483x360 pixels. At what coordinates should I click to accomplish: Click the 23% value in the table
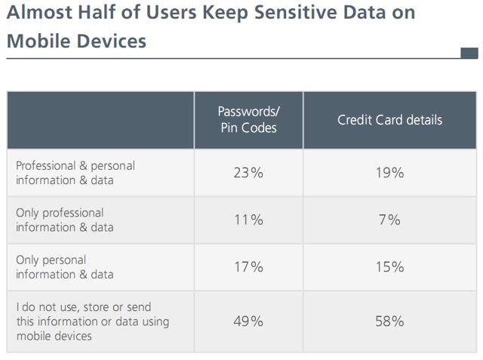coord(248,173)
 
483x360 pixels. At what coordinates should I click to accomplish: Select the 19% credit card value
coord(389,173)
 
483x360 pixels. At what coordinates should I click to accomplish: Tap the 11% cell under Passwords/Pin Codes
coord(248,220)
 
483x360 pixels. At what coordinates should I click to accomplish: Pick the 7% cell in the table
coord(389,220)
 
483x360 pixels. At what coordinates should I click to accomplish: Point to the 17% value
coord(248,266)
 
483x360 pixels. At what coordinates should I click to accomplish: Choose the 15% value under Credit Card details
coord(389,266)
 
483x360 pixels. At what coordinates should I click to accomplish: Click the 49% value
coord(248,322)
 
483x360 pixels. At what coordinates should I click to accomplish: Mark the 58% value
coord(389,322)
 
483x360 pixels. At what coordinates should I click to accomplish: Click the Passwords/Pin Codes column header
coord(248,120)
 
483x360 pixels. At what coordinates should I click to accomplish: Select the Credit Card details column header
coord(389,120)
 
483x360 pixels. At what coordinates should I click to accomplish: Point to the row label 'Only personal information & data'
coord(65,266)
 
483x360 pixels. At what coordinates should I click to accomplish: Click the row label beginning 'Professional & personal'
coord(75,173)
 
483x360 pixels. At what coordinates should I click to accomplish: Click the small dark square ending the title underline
coord(469,53)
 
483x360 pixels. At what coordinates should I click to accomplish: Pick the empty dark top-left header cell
coord(100,120)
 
